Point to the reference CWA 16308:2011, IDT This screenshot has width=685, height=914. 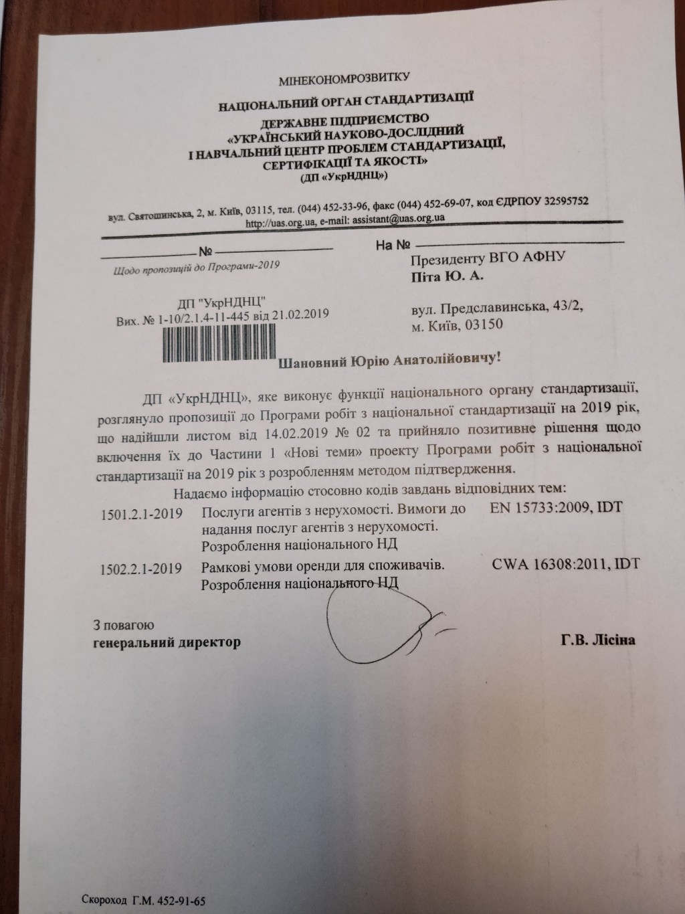click(x=565, y=563)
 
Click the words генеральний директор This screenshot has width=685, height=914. click(x=167, y=643)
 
